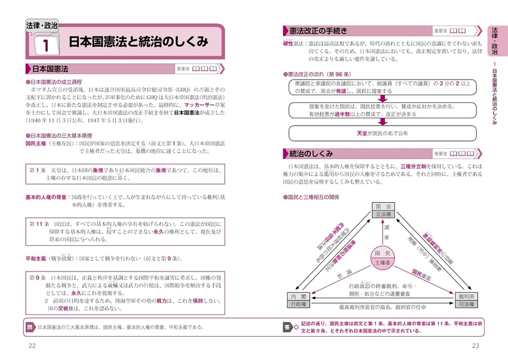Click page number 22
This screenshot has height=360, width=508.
[32, 347]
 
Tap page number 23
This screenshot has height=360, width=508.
[476, 347]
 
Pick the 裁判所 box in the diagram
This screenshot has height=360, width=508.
[466, 300]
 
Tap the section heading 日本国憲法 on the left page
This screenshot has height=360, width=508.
[51, 68]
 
